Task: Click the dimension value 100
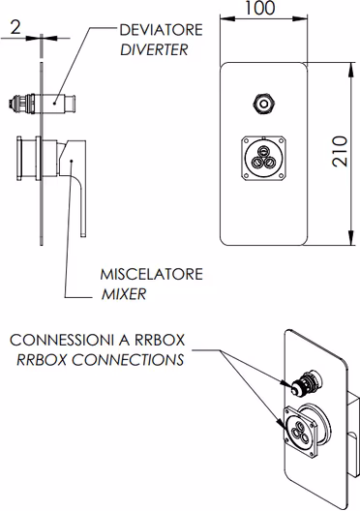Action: pyautogui.click(x=259, y=8)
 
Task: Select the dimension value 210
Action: pyautogui.click(x=340, y=151)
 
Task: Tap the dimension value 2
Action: pyautogui.click(x=15, y=27)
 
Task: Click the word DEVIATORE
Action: pyautogui.click(x=161, y=30)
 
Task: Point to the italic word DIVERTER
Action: pyautogui.click(x=155, y=50)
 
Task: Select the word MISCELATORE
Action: pyautogui.click(x=152, y=274)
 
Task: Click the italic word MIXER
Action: pyautogui.click(x=124, y=294)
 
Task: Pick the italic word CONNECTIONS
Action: pyautogui.click(x=128, y=360)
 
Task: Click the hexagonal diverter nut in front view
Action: pyautogui.click(x=264, y=104)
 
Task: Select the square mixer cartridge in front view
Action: pyautogui.click(x=264, y=158)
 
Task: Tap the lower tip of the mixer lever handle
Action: pyautogui.click(x=83, y=234)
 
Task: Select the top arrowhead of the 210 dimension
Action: pyautogui.click(x=351, y=70)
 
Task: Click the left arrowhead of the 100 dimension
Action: pyautogui.click(x=227, y=18)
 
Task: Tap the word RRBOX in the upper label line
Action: pyautogui.click(x=160, y=341)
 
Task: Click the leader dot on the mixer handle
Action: pyautogui.click(x=72, y=161)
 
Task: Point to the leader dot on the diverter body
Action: pyautogui.click(x=54, y=104)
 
